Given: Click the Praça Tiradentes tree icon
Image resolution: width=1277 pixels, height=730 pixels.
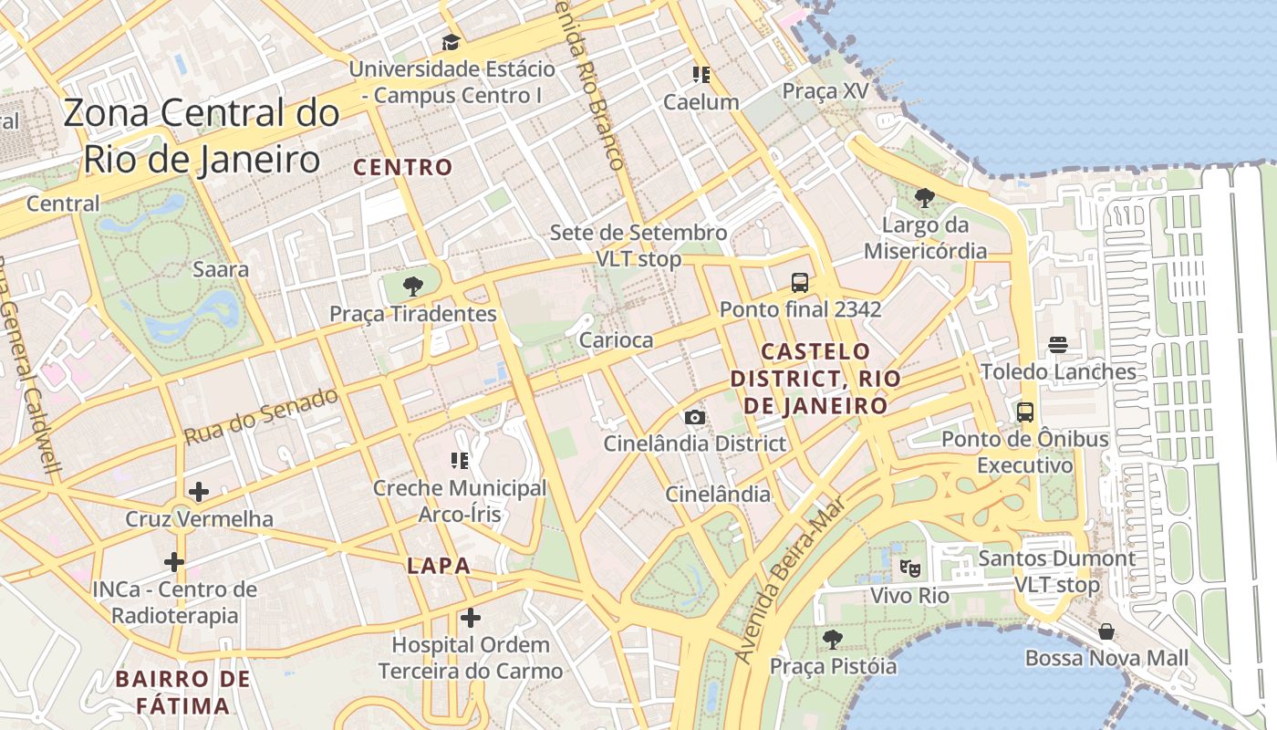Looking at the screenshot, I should pos(412,287).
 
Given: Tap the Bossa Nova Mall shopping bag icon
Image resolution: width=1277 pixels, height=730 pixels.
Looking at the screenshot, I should pos(1106,631).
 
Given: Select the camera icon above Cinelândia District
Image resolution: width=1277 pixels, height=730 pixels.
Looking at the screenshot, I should pos(694,417).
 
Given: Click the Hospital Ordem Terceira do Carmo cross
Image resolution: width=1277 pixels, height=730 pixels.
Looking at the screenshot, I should pos(471,618).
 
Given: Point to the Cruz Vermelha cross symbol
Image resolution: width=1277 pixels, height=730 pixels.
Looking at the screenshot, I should pos(198,492).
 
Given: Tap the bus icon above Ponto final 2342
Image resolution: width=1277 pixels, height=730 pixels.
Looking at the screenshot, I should pos(800,282).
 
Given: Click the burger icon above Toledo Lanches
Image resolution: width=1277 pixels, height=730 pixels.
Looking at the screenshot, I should pos(1058,344).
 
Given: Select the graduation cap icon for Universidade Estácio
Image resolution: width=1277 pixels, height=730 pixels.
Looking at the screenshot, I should pos(451,42).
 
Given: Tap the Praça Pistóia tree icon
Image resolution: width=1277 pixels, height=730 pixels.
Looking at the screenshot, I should pos(832,639).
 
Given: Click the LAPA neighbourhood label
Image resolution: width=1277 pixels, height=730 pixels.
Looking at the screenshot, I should pos(439,566).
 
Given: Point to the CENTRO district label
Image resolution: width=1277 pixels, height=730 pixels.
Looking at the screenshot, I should pos(402,167).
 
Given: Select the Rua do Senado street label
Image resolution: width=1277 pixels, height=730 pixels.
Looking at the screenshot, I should pos(261,416).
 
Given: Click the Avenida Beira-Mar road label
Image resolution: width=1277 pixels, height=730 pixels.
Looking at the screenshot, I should pos(790,580).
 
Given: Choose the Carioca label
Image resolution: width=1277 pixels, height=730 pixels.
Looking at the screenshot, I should pos(617,340).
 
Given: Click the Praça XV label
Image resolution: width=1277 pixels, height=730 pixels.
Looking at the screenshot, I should pos(825,91).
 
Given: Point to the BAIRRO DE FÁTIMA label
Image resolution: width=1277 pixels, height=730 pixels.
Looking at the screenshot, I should pos(183,692).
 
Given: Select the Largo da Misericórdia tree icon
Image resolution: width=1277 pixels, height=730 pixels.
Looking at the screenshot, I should pos(925,197).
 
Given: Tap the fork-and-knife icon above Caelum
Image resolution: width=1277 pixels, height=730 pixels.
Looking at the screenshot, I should pos(701,74).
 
